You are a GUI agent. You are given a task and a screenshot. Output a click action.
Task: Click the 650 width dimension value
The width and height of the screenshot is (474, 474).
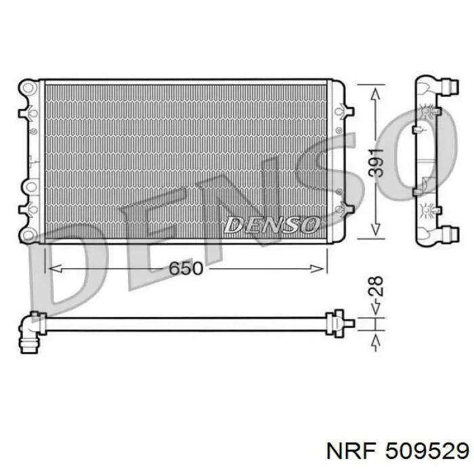tap(186, 268)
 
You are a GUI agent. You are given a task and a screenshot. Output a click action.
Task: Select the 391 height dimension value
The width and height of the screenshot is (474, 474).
tap(376, 163)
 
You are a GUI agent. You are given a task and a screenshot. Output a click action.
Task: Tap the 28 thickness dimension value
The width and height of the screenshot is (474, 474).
tap(376, 286)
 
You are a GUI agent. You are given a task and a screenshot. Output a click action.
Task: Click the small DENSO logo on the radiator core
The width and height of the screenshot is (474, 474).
tap(271, 225)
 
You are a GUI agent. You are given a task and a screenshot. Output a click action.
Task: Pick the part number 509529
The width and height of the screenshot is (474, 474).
tap(427, 452)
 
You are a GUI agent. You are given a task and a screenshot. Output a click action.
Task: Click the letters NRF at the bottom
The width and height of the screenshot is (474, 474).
tap(352, 452)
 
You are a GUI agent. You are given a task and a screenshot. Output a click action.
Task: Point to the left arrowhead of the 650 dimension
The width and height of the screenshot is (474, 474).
tap(56, 268)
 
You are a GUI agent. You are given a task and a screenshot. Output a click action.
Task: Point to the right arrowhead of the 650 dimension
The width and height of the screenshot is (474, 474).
tap(317, 268)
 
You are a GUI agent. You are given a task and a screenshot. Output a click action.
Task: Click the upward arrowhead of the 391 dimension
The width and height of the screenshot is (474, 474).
tap(375, 94)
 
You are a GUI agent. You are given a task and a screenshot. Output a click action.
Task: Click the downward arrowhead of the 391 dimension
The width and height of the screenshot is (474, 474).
tap(375, 229)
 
